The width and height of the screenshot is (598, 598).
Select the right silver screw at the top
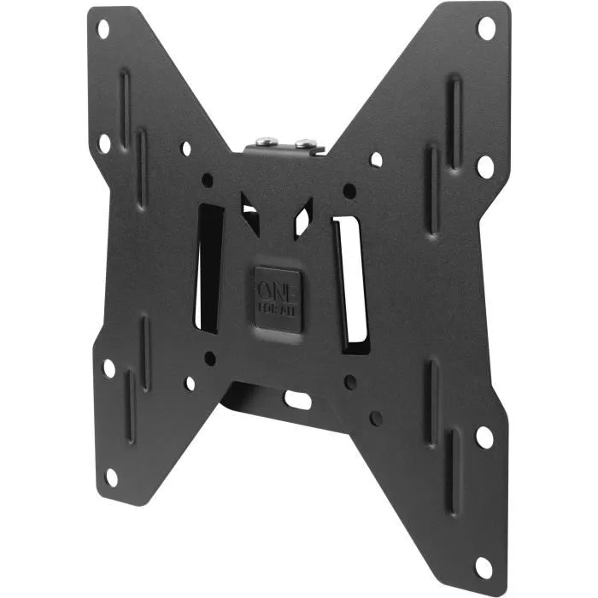point(299,138)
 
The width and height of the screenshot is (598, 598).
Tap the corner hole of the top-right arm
point(485,28)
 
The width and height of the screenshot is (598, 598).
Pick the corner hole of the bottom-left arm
point(111,477)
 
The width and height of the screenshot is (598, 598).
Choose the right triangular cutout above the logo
point(302,214)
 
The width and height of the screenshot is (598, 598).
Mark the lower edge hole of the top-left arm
point(104,143)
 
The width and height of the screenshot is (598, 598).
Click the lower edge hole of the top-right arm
point(484,165)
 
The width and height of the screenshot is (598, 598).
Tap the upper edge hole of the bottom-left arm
point(108,368)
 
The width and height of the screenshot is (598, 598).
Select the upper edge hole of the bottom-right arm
point(484,437)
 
